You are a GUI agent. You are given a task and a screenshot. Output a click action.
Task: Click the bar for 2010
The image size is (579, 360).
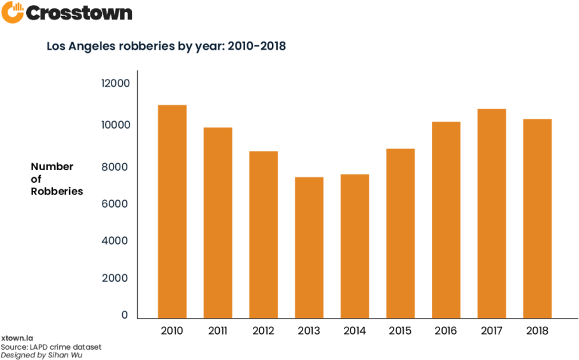172,211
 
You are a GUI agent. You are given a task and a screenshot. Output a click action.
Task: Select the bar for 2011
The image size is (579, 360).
218,222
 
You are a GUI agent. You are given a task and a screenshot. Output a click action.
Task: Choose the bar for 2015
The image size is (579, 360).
401,233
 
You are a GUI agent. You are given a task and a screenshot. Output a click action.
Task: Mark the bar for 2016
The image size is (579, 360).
446,219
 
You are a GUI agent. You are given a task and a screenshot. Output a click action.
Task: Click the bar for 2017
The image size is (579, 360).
492,213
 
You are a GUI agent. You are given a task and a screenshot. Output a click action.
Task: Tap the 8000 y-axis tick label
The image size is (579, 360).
117,167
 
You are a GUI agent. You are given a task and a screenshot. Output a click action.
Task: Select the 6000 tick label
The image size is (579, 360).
117,204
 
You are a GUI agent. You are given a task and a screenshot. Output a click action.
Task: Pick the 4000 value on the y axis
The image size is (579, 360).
117,241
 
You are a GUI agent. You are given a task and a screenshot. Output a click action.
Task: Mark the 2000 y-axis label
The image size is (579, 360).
117,278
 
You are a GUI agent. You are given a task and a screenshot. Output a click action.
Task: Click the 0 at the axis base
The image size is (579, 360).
124,315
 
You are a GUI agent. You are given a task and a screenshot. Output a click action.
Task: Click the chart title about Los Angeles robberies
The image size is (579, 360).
166,47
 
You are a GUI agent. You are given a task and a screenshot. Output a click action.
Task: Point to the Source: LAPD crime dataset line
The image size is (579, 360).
51,347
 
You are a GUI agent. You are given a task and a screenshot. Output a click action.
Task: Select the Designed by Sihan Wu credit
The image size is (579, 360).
41,355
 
